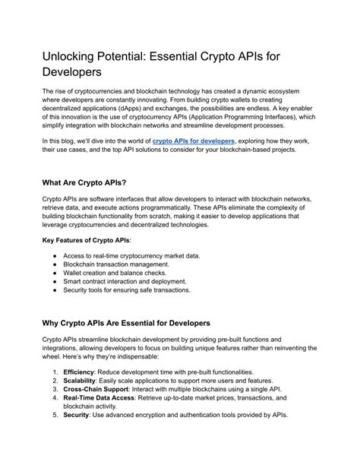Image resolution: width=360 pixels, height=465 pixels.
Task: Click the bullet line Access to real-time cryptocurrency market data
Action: click(x=131, y=256)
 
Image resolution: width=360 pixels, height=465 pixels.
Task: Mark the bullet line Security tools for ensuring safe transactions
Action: click(x=126, y=291)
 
